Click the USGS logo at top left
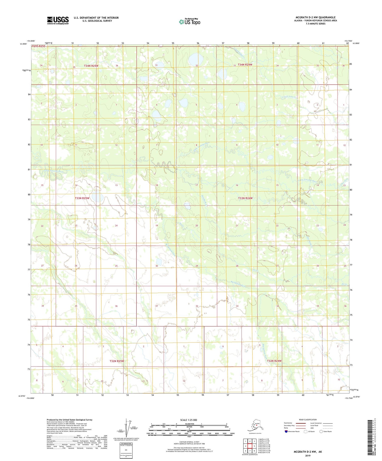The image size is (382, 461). pos(58,20)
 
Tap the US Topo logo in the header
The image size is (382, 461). pos(190,21)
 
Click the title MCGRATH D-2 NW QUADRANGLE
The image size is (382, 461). pos(315,17)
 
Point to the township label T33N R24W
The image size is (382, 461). pos(245,198)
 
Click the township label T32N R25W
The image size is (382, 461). pos(117,361)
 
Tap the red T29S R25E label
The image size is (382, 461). pos(39,46)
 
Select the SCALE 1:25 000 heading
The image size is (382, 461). pos(189,420)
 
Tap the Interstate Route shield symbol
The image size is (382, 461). pos(286,431)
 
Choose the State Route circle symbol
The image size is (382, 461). pos(321,431)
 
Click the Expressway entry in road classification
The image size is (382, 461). pos(290,423)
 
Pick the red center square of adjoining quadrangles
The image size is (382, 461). pos(250,446)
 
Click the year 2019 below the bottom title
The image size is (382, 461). pos(308,456)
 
